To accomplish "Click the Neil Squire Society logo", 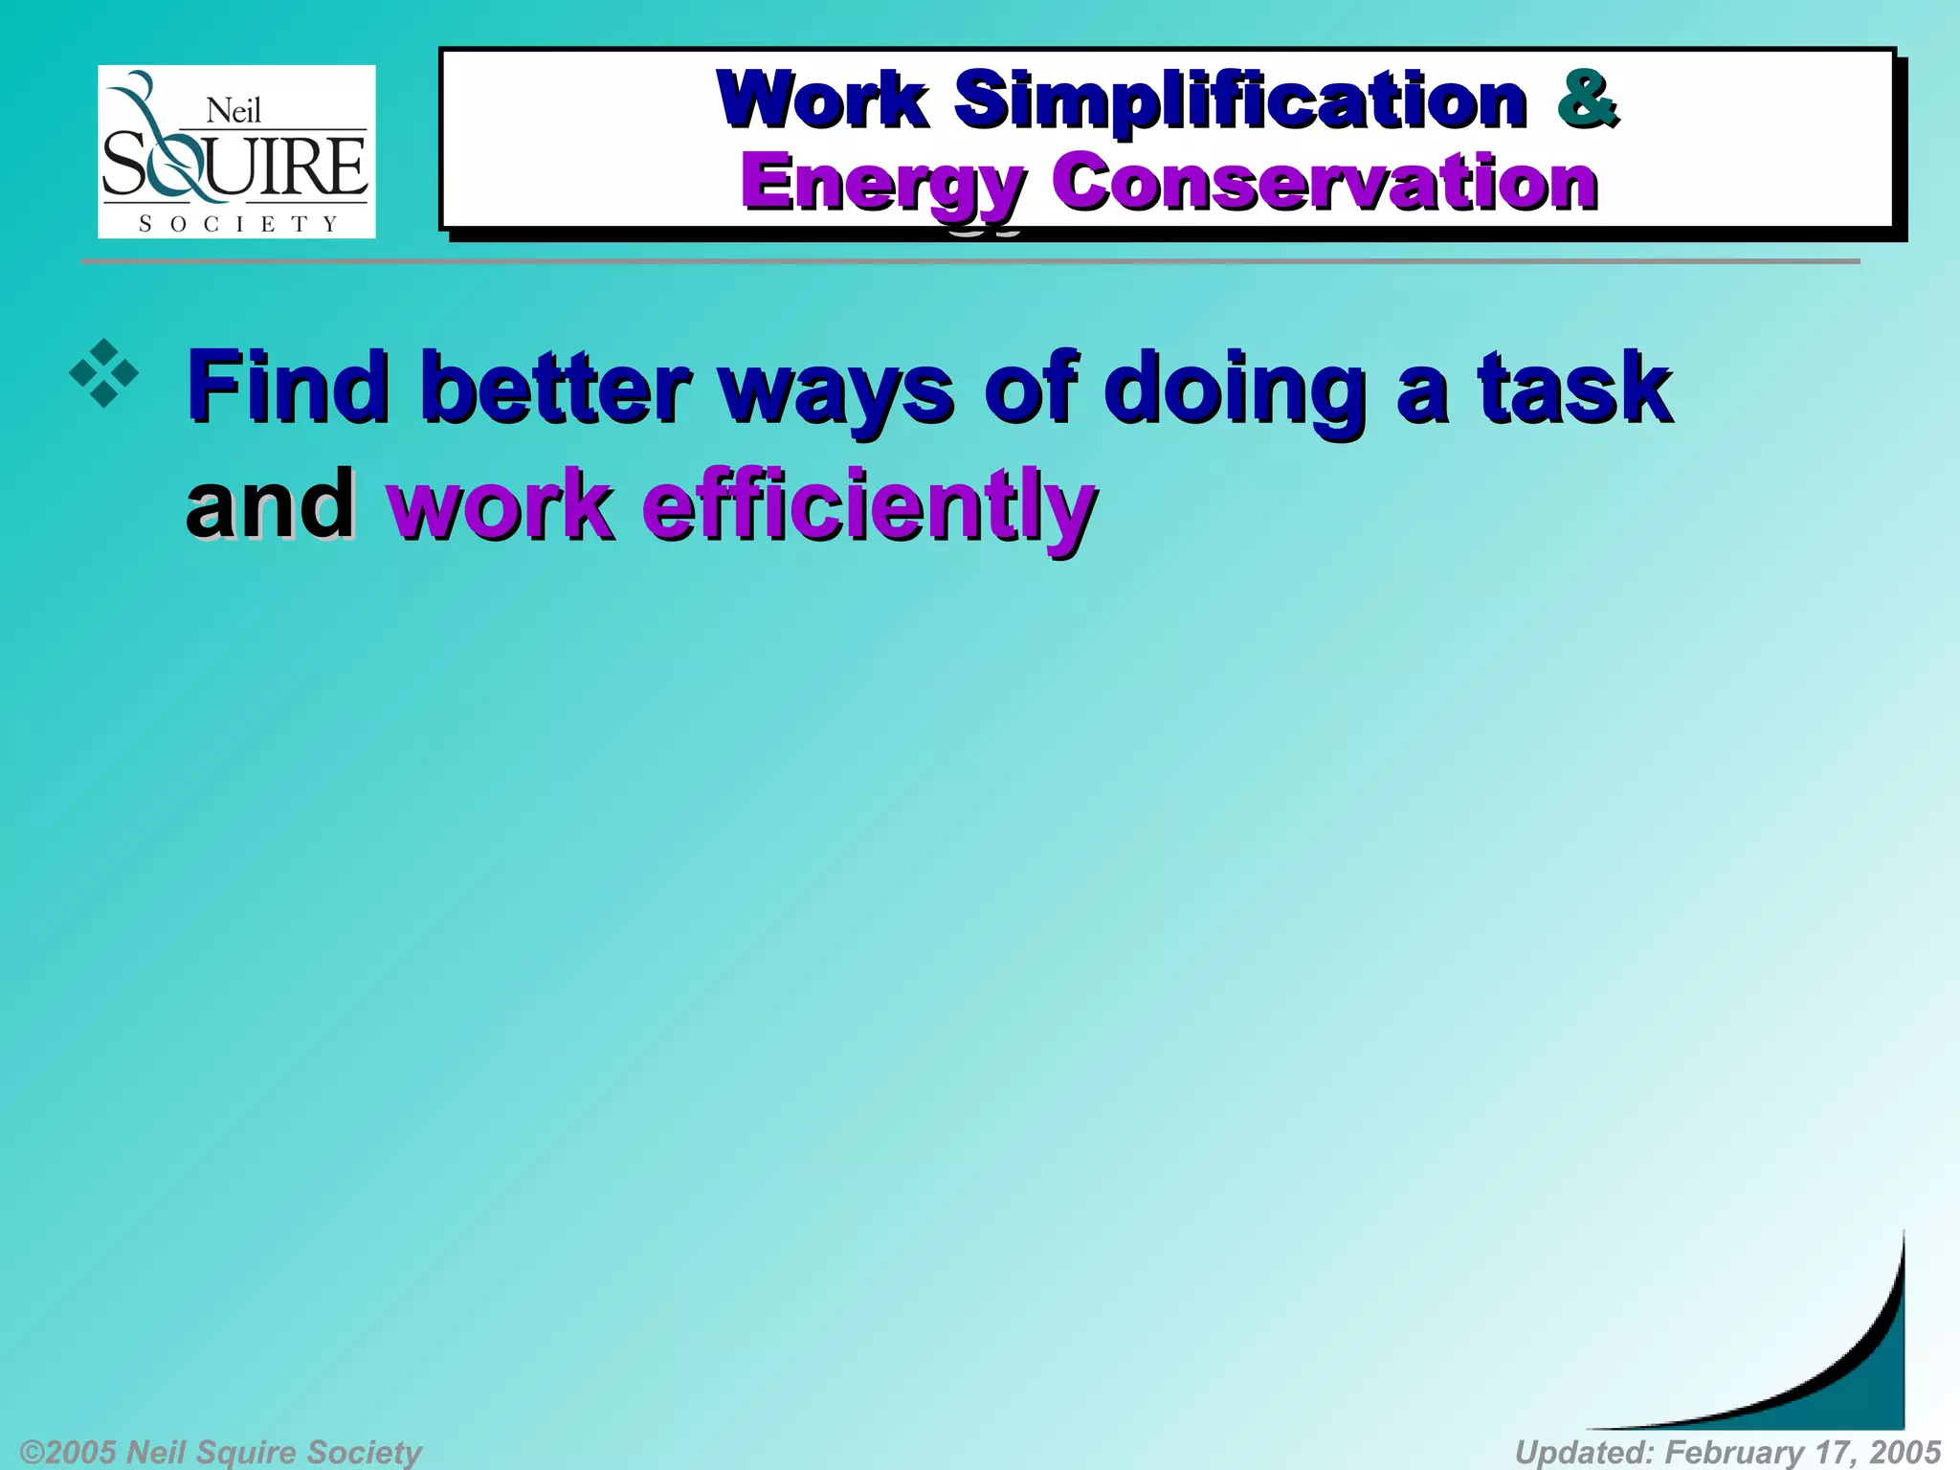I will pyautogui.click(x=236, y=151).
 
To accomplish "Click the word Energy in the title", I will pyautogui.click(x=881, y=184).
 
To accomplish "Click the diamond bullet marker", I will pyautogui.click(x=103, y=373).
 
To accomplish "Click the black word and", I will pyautogui.click(x=270, y=504).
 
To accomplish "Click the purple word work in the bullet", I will pyautogui.click(x=499, y=505).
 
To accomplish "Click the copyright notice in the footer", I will pyautogui.click(x=220, y=1452).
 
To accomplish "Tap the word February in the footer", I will pyautogui.click(x=1733, y=1452).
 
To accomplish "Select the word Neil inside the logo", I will pyautogui.click(x=234, y=112).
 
